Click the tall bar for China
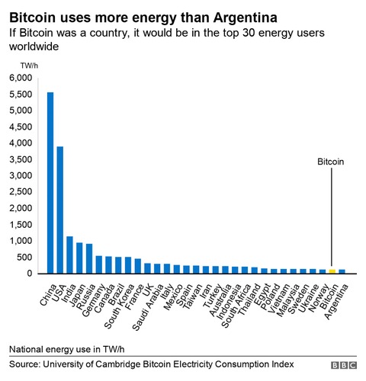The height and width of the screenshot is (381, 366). coord(50,183)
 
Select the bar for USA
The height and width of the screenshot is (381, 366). coord(60,210)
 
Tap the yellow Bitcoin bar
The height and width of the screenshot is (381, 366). coord(332,271)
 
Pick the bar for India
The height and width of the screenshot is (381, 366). coord(70,255)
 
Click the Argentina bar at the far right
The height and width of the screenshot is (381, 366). coord(342,271)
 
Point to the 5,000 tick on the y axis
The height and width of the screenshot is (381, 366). coord(21,110)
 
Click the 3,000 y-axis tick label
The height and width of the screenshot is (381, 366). coord(21,176)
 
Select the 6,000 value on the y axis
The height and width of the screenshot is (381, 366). coord(21,78)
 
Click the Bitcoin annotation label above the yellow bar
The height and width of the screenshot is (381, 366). coord(332,162)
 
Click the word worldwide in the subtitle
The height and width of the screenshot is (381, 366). coord(34,46)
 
